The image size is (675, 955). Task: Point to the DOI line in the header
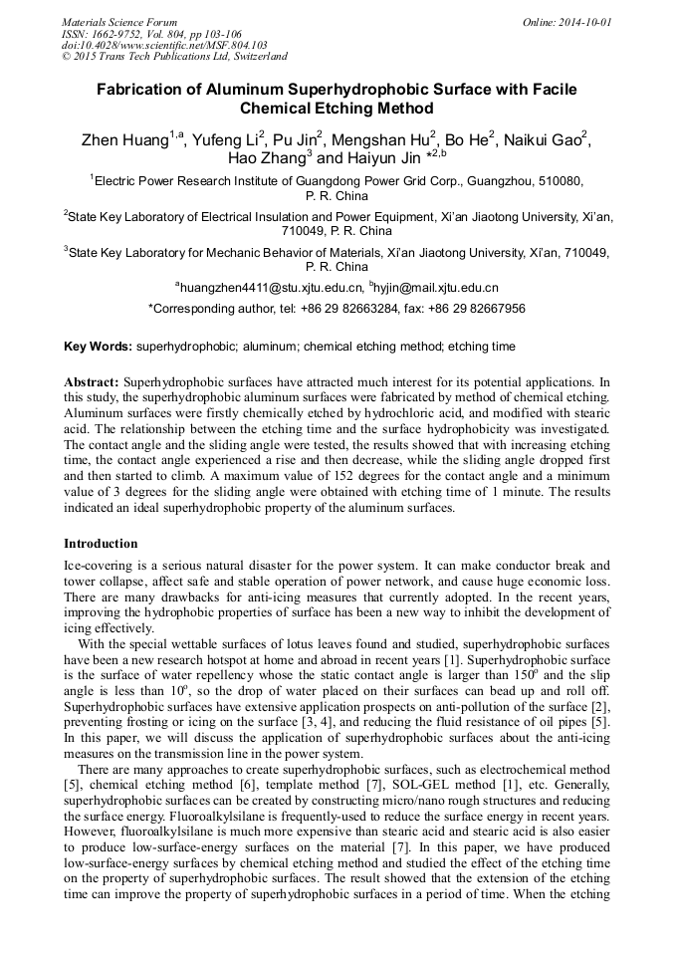pyautogui.click(x=164, y=45)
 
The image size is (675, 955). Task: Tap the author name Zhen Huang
pyautogui.click(x=124, y=140)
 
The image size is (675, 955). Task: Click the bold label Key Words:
pyautogui.click(x=98, y=347)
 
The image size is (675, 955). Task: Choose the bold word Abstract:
pyautogui.click(x=92, y=382)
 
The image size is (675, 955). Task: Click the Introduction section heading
pyautogui.click(x=101, y=544)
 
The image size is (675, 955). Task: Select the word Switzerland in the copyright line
pyautogui.click(x=255, y=57)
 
